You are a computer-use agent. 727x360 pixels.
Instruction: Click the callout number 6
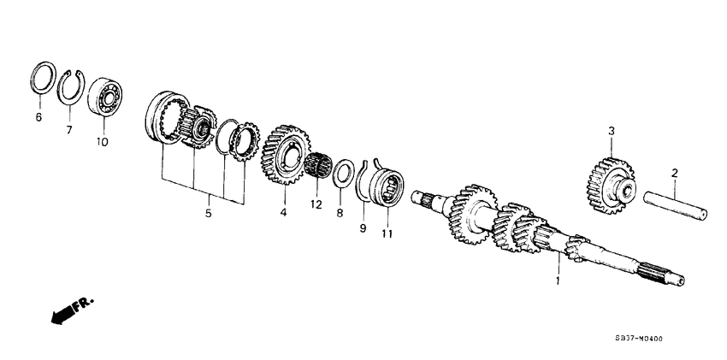click(x=38, y=117)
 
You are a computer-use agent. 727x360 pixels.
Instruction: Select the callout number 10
click(x=103, y=143)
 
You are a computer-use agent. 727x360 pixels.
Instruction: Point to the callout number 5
click(x=207, y=214)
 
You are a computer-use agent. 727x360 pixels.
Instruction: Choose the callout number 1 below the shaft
click(x=559, y=280)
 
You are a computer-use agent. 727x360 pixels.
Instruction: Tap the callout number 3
click(x=612, y=131)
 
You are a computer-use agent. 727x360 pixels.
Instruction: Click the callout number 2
click(x=674, y=174)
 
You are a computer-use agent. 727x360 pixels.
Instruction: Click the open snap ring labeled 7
click(x=74, y=88)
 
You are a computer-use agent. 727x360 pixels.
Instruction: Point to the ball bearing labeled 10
click(x=105, y=93)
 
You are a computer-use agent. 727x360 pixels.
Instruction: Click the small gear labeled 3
click(x=608, y=182)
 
